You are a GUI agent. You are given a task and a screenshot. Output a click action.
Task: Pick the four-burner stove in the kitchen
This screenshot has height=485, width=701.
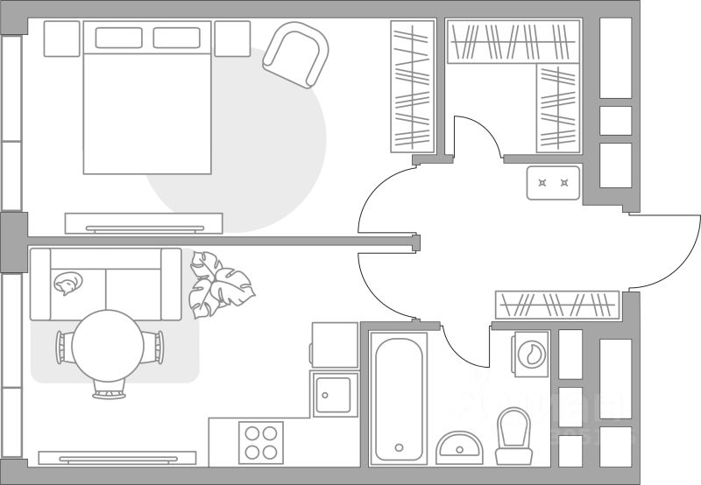[261, 442]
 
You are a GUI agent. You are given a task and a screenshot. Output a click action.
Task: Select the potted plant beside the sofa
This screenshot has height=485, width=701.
[219, 285]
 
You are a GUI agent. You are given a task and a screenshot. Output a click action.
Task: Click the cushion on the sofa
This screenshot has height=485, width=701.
[67, 282]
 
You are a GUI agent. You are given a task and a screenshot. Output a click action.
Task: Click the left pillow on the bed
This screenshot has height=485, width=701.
[119, 38]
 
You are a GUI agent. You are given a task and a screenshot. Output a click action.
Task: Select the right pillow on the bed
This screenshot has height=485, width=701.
[178, 38]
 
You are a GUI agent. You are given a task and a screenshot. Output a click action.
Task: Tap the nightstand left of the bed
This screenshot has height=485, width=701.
[61, 39]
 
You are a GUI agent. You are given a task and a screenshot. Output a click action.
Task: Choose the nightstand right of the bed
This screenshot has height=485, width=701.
[231, 39]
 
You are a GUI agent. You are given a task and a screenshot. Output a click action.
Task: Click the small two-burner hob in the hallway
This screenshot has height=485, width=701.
[554, 183]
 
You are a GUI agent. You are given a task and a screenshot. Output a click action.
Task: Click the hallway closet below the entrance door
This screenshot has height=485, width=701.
[556, 305]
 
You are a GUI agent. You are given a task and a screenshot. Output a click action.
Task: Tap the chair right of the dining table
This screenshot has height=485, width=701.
[156, 347]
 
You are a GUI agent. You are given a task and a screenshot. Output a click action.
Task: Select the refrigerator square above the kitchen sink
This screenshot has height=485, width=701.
[334, 344]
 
